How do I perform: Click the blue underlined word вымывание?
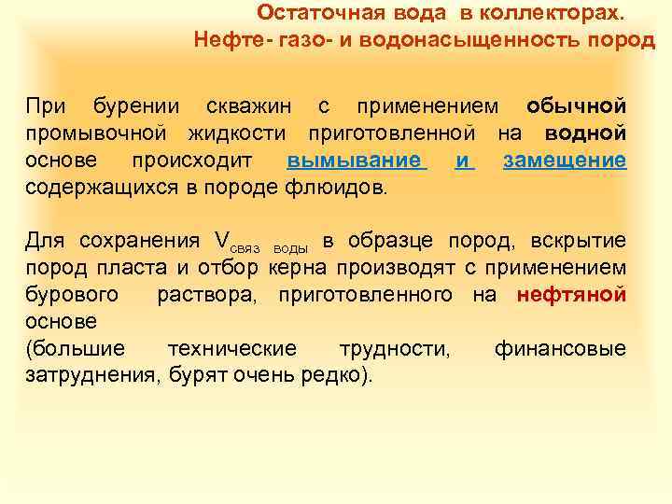[x=356, y=160]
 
